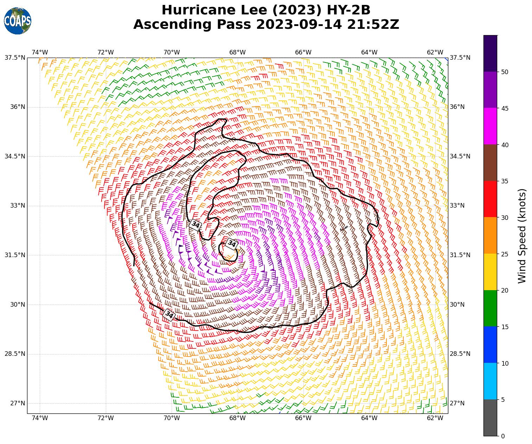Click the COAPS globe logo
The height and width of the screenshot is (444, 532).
click(x=18, y=21)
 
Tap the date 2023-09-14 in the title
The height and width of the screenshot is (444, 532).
click(x=299, y=25)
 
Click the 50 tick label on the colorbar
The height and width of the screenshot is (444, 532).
click(x=505, y=72)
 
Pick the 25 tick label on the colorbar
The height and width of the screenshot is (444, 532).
click(x=505, y=254)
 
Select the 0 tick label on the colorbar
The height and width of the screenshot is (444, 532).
click(x=503, y=436)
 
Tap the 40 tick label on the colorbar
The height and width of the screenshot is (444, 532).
click(x=505, y=145)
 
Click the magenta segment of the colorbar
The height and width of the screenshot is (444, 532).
click(x=490, y=126)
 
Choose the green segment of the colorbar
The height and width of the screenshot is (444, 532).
click(x=490, y=308)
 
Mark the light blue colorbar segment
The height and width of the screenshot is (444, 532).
click(x=490, y=381)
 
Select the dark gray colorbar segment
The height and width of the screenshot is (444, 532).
click(x=490, y=418)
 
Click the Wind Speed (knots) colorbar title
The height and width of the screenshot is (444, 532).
click(x=523, y=236)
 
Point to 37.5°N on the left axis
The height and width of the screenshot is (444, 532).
click(x=15, y=58)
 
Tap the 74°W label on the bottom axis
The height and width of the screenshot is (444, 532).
click(x=40, y=418)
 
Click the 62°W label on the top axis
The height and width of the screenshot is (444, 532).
click(x=435, y=52)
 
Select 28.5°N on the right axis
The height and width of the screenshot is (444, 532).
click(x=460, y=354)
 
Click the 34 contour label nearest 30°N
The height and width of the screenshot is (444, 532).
click(x=169, y=315)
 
